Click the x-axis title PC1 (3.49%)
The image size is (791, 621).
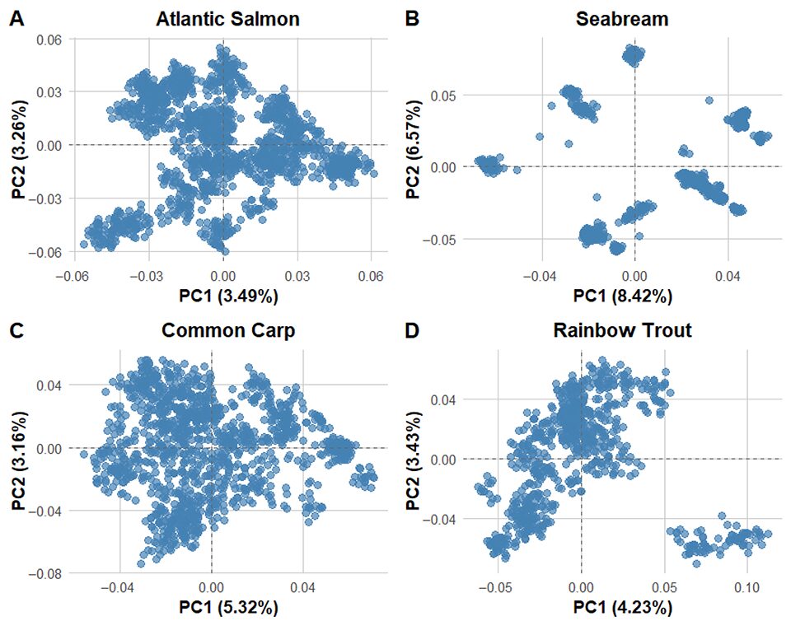222,295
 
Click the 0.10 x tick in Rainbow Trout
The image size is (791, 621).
747,590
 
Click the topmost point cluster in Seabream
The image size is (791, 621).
634,56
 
